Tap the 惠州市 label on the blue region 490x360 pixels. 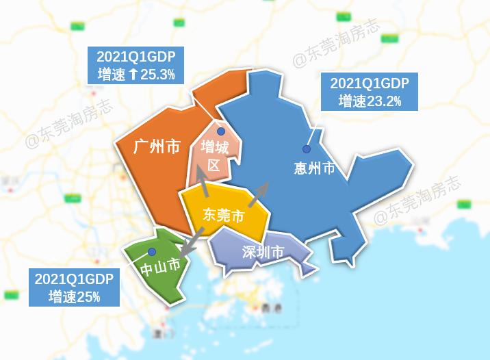(313, 168)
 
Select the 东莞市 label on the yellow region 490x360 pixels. (223, 215)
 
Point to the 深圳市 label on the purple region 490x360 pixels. (263, 252)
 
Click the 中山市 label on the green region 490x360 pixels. (160, 266)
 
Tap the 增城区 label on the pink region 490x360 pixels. (214, 156)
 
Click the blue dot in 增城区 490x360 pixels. (221, 131)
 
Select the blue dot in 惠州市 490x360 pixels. (307, 149)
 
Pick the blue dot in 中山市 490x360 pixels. (151, 252)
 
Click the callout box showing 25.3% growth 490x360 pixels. (136, 66)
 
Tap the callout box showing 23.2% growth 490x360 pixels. (369, 92)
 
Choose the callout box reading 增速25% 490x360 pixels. (74, 287)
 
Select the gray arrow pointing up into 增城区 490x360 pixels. (203, 183)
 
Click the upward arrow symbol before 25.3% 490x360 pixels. (133, 74)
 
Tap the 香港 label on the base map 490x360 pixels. (271, 308)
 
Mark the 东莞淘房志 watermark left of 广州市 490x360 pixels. (68, 125)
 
